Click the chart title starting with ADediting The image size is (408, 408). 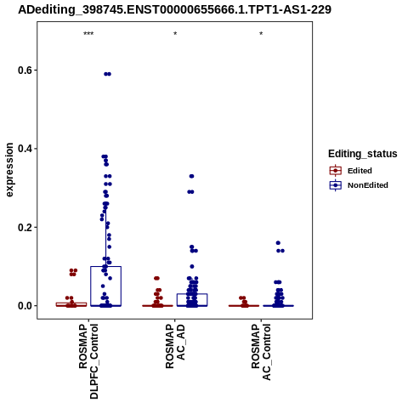[x=174, y=10]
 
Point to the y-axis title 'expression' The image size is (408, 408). [x=9, y=170]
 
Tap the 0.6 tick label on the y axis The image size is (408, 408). [x=25, y=71]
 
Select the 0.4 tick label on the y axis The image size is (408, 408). [x=25, y=149]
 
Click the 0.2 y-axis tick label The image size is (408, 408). [x=25, y=227]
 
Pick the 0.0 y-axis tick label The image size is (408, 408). [x=25, y=306]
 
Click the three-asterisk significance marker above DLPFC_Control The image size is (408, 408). [x=88, y=34]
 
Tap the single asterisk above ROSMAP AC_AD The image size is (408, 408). [x=175, y=34]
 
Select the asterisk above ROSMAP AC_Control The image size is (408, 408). [x=261, y=34]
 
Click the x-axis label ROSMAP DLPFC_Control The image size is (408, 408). [x=88, y=361]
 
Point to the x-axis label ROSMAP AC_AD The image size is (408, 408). [x=175, y=346]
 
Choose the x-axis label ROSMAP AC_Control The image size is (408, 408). [x=261, y=352]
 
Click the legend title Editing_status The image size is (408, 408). [x=363, y=154]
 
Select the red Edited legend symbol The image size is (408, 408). [x=336, y=171]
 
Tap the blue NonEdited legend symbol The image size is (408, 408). [x=336, y=185]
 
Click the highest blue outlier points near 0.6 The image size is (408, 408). [x=107, y=74]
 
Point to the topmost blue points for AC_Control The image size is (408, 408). [x=278, y=243]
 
